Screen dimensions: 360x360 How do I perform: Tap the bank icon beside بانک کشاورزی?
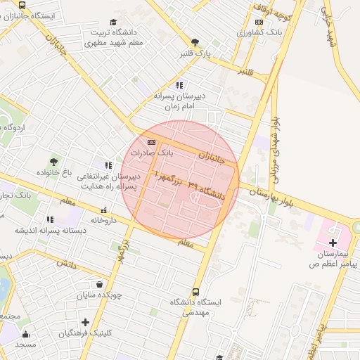click(x=259, y=22)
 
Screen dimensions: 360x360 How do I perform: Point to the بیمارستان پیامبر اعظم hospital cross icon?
click(x=332, y=242)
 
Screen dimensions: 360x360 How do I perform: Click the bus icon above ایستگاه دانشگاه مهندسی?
click(x=195, y=292)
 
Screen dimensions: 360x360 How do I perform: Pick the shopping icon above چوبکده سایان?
click(x=101, y=285)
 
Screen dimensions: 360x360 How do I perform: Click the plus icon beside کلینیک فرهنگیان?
click(x=86, y=321)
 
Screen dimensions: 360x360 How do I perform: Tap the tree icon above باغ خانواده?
click(x=54, y=162)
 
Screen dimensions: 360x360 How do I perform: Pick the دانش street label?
click(x=66, y=264)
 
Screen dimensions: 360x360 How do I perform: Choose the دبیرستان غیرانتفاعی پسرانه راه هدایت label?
click(x=108, y=181)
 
